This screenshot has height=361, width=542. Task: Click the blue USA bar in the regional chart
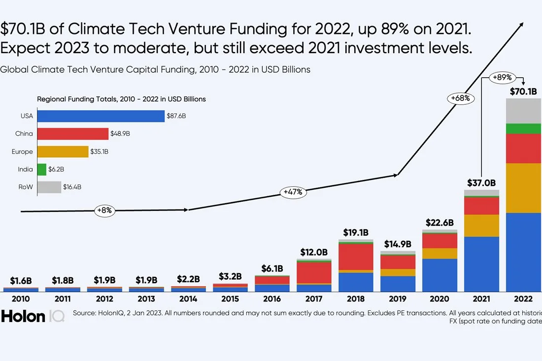point(101,116)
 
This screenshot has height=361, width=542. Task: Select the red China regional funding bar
point(72,134)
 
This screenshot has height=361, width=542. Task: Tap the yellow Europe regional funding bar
point(63,151)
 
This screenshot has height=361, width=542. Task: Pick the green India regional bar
point(41,169)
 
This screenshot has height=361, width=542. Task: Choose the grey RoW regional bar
point(49,187)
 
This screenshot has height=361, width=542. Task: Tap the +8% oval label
point(105,211)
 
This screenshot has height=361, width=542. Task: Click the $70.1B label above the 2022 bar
point(524,91)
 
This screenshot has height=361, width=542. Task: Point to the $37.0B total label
point(481,182)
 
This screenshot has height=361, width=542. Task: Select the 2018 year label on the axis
point(356,299)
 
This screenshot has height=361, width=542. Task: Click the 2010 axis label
point(21,299)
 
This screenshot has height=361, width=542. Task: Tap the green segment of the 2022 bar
point(524,128)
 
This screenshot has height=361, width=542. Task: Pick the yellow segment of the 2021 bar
point(481,225)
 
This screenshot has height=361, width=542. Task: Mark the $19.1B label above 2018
point(356,232)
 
